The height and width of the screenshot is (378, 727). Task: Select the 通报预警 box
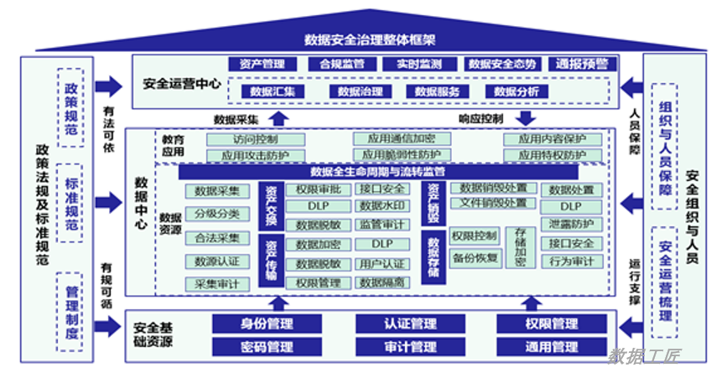pos(582,64)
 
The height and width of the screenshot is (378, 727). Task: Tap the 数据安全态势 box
pos(501,64)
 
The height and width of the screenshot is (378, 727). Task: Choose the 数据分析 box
pos(516,91)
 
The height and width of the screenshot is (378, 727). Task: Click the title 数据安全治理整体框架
pos(364,39)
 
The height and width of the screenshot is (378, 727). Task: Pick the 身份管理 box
pos(266,324)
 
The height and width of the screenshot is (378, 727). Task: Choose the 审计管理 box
pos(410,347)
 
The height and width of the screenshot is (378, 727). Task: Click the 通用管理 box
pos(551,347)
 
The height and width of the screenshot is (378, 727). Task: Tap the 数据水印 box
pos(382,206)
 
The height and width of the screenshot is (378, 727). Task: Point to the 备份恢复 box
pos(475,257)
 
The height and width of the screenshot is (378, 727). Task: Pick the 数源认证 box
pos(217,261)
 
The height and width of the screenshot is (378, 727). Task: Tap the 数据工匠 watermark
pos(645,355)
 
